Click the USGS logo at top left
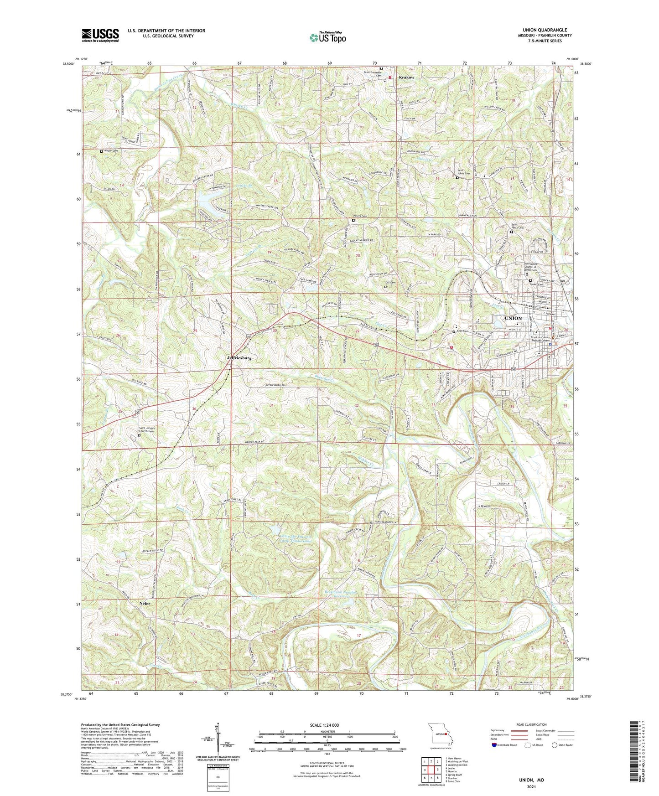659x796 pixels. (100, 35)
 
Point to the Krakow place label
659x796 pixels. (407, 78)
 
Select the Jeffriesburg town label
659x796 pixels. (239, 358)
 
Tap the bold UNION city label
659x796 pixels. (513, 318)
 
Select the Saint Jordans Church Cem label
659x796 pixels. (150, 430)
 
